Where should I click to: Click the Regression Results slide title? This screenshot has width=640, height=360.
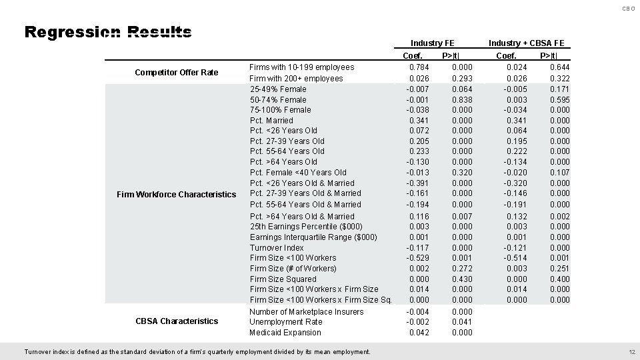[x=108, y=33]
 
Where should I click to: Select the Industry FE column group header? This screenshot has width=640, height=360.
[x=433, y=43]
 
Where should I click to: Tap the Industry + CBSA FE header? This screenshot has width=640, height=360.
[x=526, y=43]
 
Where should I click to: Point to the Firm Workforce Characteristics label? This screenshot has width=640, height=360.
[x=176, y=194]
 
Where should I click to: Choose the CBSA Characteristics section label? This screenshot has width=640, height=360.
[x=177, y=321]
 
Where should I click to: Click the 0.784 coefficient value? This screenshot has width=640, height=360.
[x=419, y=67]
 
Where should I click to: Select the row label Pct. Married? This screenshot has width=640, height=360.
[x=271, y=120]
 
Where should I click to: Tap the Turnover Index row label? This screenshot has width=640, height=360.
[x=277, y=247]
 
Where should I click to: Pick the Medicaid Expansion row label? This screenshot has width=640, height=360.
[x=285, y=332]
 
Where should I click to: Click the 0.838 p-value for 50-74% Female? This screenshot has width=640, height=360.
[x=462, y=99]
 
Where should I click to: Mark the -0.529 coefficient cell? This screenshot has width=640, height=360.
[x=418, y=257]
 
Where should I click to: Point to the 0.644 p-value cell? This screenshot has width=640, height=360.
[x=559, y=67]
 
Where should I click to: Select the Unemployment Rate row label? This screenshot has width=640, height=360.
[x=285, y=321]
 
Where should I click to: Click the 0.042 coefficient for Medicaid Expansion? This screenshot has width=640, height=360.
[x=419, y=332]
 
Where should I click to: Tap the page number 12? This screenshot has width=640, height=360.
[x=632, y=352]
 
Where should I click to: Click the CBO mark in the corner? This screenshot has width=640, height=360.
[x=628, y=9]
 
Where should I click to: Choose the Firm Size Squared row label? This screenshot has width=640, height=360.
[x=283, y=279]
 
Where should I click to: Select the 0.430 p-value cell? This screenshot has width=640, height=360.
[x=462, y=279]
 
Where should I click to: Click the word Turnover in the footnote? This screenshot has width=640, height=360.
[x=39, y=352]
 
